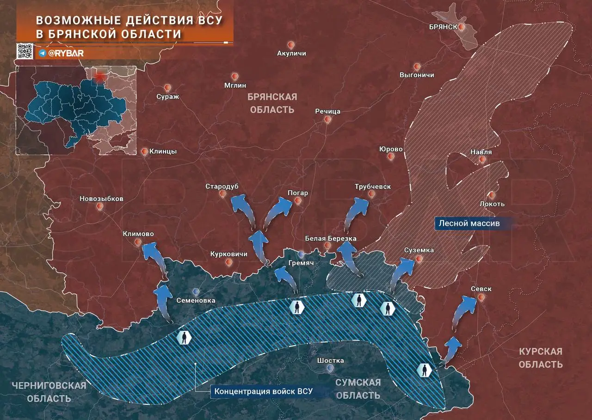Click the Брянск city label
click(443, 27)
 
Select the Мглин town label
click(235, 85)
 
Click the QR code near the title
click(25, 51)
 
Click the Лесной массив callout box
click(469, 224)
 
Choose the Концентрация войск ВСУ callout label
click(263, 391)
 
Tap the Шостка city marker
click(330, 368)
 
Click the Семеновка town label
click(196, 300)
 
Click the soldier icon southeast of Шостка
click(423, 370)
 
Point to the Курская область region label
click(540, 358)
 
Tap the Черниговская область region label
click(49, 391)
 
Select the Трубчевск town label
click(373, 187)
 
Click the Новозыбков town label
click(101, 199)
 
